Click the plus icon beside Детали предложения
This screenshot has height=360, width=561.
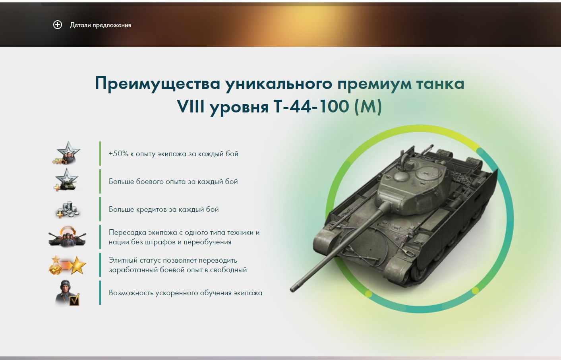pos(57,25)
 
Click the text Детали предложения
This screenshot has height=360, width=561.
pos(101,25)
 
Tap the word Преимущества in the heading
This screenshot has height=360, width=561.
pos(157,84)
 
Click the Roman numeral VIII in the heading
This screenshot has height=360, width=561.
pos(190,106)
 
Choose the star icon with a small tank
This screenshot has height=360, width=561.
pos(66,180)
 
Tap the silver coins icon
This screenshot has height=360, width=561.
pos(67,209)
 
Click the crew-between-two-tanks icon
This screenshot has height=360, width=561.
pos(67,237)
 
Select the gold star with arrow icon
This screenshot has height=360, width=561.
pos(67,265)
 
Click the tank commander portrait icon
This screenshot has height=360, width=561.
pos(67,293)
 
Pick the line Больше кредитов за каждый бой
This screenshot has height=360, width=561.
pos(164,209)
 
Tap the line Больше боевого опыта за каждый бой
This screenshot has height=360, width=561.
pos(173,181)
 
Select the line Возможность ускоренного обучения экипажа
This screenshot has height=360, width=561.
pos(186,293)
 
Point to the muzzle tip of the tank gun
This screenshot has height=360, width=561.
pos(292,290)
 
